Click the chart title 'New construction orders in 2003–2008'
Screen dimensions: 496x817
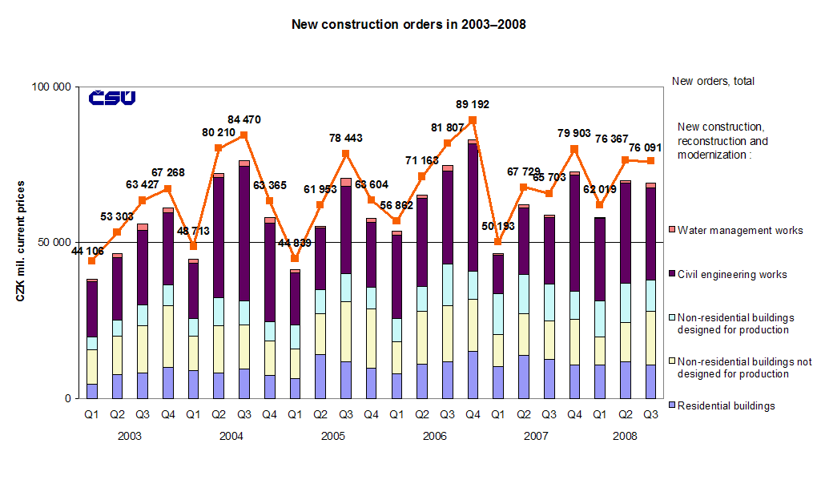(408, 25)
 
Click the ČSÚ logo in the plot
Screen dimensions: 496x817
(111, 98)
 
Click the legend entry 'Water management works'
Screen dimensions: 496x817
(740, 231)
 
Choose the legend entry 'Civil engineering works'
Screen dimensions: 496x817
(732, 275)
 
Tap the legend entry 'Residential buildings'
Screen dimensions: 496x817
(726, 406)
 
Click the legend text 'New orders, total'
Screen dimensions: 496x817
(713, 81)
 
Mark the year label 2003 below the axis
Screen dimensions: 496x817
(130, 437)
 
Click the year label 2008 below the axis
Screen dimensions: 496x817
(625, 437)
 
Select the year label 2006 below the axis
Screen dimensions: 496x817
(434, 437)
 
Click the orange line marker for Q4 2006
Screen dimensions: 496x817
(473, 120)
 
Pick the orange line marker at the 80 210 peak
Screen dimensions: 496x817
(219, 147)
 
